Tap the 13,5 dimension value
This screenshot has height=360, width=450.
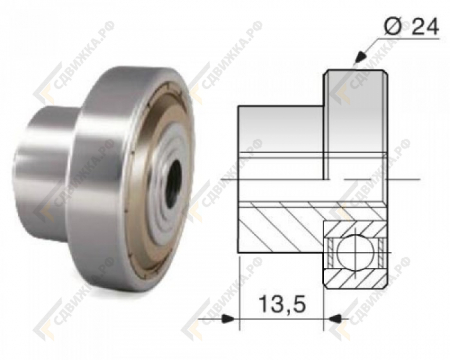(282, 304)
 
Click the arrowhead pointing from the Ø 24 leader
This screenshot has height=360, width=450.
(359, 57)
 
